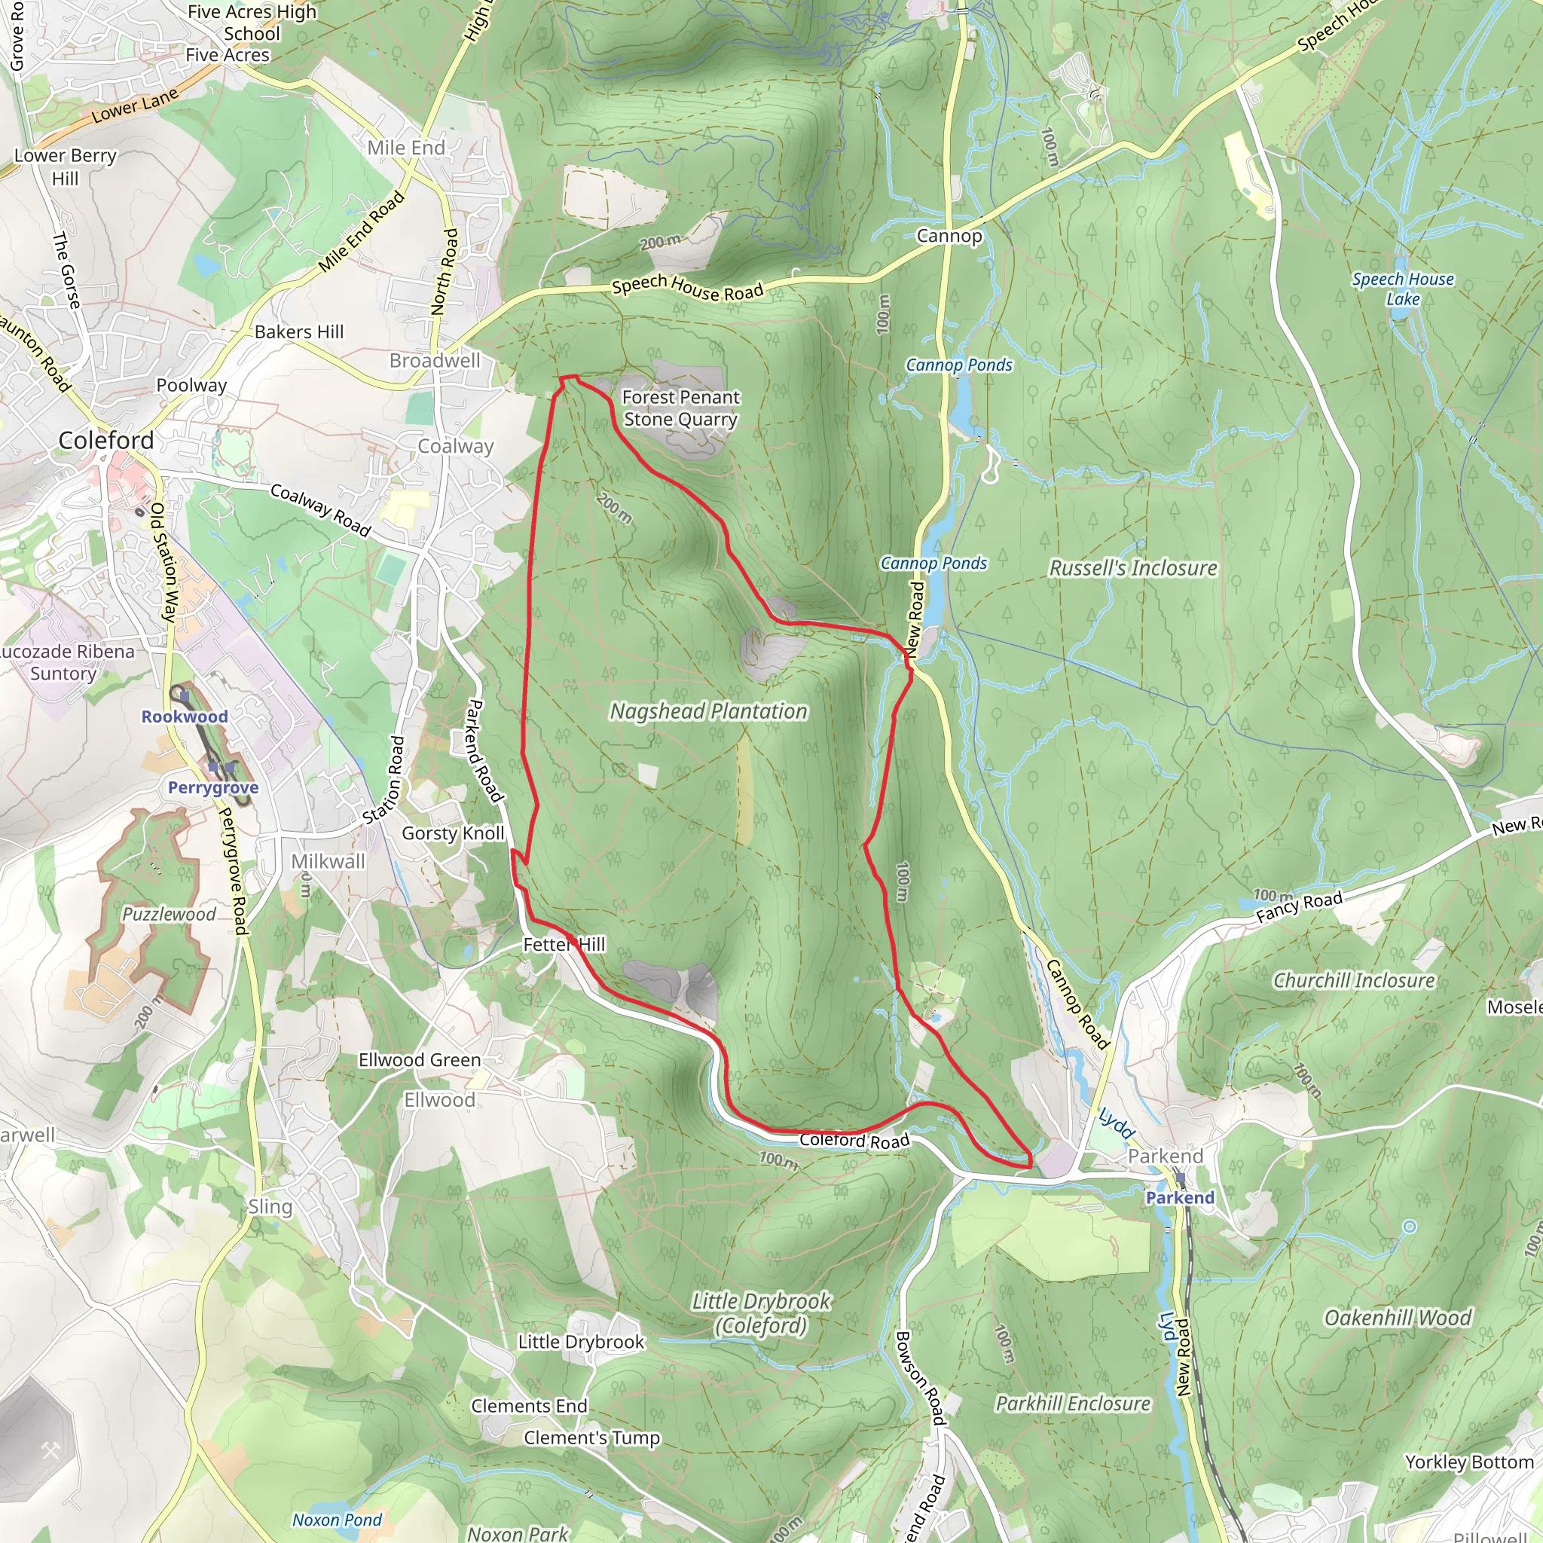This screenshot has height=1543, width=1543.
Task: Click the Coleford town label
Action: pyautogui.click(x=106, y=440)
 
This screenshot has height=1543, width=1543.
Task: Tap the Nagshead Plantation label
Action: pyautogui.click(x=708, y=710)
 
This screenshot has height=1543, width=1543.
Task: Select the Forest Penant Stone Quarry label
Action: pyautogui.click(x=680, y=408)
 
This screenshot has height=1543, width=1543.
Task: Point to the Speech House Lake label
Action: pyautogui.click(x=1402, y=289)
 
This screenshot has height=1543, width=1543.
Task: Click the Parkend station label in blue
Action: pyautogui.click(x=1180, y=1197)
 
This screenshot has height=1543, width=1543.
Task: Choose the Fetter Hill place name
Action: pyautogui.click(x=564, y=944)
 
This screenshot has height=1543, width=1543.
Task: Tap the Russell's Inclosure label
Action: pyautogui.click(x=1132, y=568)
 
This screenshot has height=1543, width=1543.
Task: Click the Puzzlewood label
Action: pyautogui.click(x=169, y=914)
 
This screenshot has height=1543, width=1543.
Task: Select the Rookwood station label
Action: pyautogui.click(x=185, y=717)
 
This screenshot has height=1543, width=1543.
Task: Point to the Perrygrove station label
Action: pyautogui.click(x=213, y=787)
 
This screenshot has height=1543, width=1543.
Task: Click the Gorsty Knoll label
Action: pyautogui.click(x=453, y=833)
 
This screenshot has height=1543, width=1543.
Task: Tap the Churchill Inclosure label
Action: pyautogui.click(x=1354, y=980)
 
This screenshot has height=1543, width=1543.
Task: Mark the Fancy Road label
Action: pyautogui.click(x=1299, y=906)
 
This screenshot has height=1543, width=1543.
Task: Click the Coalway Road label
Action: pyautogui.click(x=320, y=510)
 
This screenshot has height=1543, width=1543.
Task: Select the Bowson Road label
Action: pyautogui.click(x=919, y=1378)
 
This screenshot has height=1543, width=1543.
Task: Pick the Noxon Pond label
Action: pyautogui.click(x=337, y=1520)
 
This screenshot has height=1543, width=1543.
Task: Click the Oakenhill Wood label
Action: pyautogui.click(x=1398, y=1318)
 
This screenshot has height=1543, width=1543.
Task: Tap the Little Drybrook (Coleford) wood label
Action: pyautogui.click(x=761, y=1314)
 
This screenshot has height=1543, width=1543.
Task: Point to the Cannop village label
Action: pyautogui.click(x=949, y=236)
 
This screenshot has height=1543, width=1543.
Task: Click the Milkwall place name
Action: pyautogui.click(x=328, y=861)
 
